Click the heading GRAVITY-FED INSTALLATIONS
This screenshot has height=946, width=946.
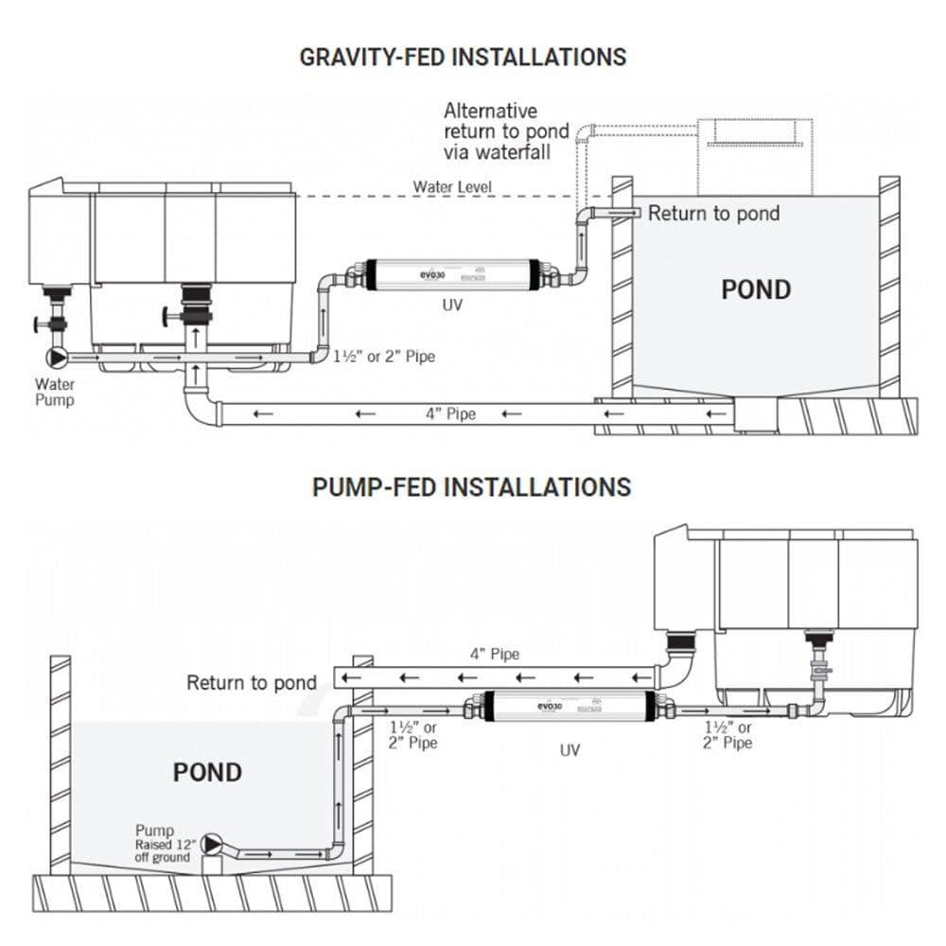(x=463, y=57)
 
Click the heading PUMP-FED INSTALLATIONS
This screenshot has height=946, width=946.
(x=471, y=487)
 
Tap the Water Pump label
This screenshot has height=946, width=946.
(x=54, y=392)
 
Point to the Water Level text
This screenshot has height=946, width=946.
(x=452, y=186)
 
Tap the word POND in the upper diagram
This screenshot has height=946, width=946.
(x=756, y=289)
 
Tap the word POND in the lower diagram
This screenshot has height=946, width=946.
(x=207, y=772)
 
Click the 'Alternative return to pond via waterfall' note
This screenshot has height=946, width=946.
(x=506, y=131)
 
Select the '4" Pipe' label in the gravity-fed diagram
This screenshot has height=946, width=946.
(x=449, y=413)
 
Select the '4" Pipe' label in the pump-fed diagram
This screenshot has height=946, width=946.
(x=494, y=654)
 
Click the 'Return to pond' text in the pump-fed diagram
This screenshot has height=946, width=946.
(x=251, y=682)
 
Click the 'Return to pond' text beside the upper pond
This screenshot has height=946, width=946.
(x=713, y=213)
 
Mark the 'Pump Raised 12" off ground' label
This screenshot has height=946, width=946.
(x=162, y=844)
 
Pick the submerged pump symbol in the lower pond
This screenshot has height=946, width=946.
(x=213, y=843)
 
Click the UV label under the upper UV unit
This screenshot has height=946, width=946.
(x=452, y=307)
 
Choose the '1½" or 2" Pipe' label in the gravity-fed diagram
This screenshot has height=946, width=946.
(x=384, y=358)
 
